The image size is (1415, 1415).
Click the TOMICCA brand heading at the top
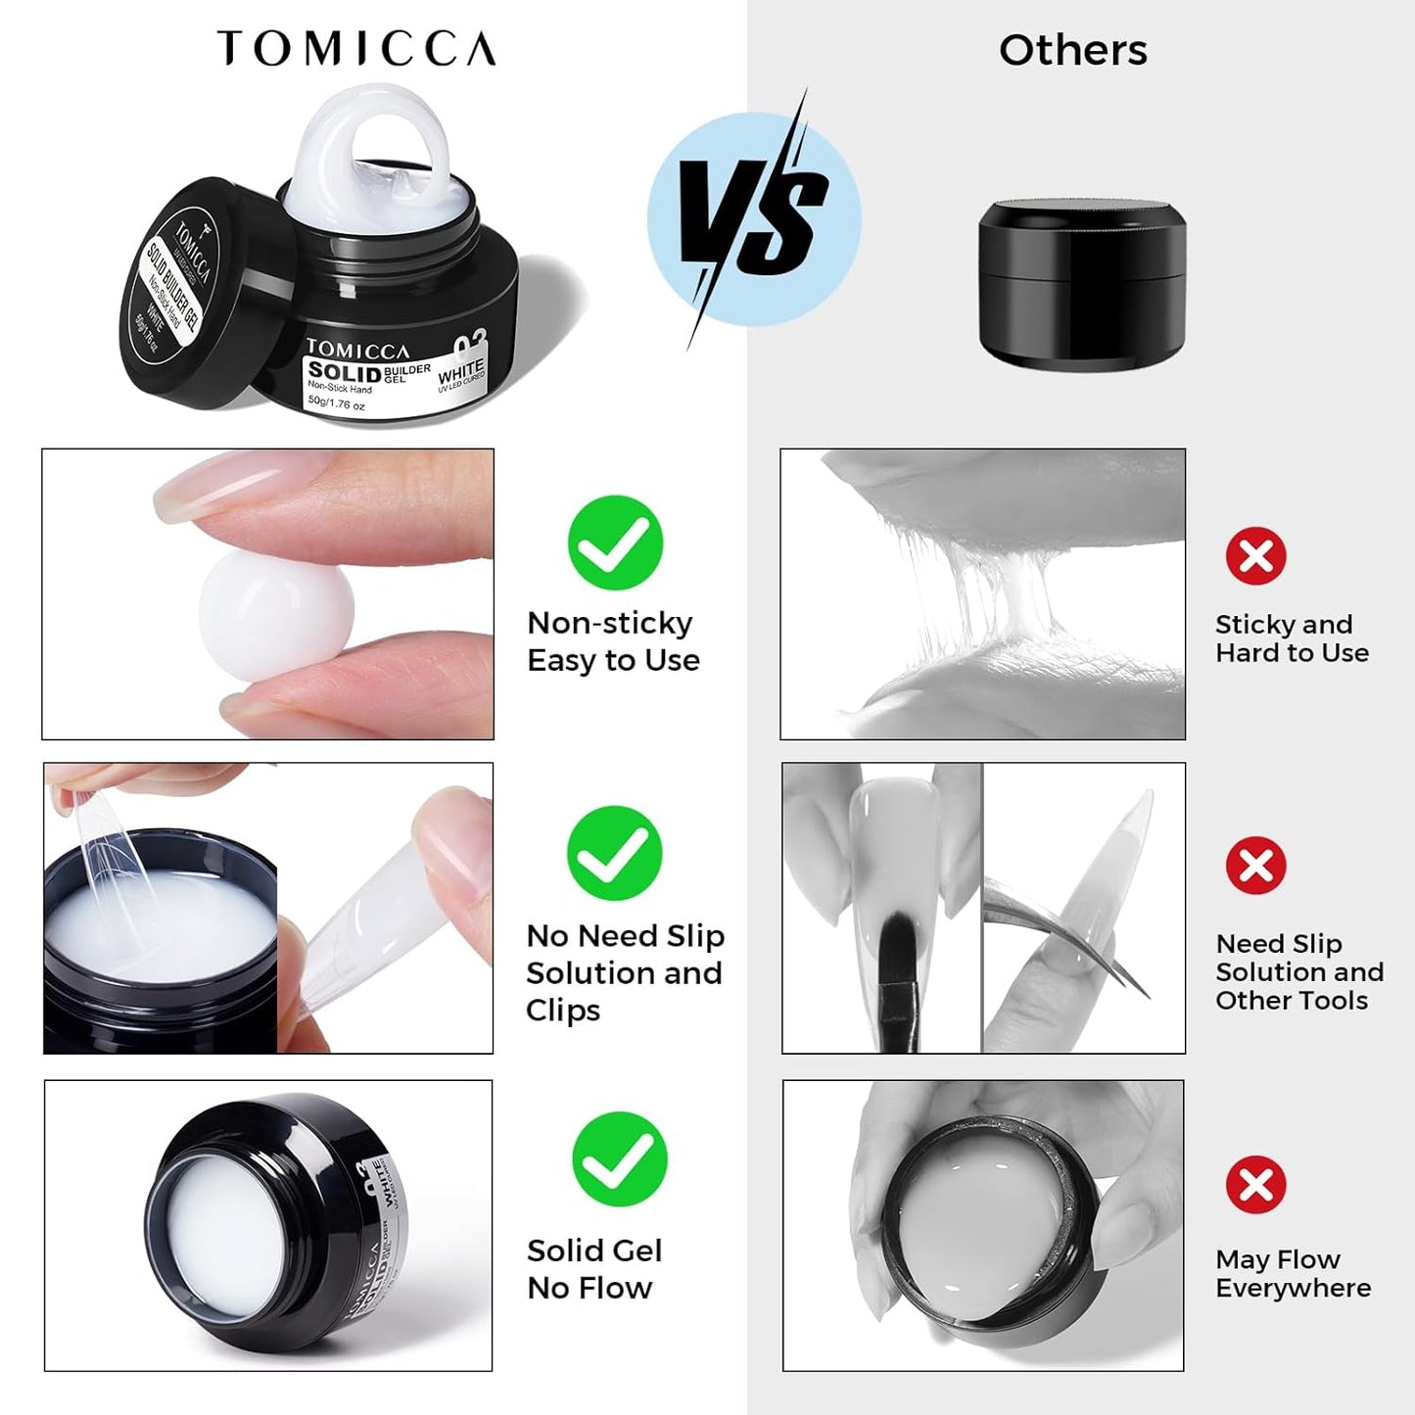tap(356, 48)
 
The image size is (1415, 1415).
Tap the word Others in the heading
tap(1072, 50)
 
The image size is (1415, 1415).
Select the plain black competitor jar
tap(1082, 284)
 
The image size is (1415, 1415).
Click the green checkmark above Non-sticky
tap(615, 542)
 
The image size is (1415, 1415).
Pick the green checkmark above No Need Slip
tap(614, 853)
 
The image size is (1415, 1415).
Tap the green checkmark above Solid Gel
tap(619, 1158)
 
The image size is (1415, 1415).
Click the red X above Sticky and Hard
tap(1255, 556)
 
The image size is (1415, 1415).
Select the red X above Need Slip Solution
tap(1255, 866)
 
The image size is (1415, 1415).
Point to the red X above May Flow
tap(1255, 1185)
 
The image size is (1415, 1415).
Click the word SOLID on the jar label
tap(344, 372)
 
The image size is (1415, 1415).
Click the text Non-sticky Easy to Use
tap(613, 641)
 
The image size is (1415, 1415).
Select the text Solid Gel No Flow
tap(594, 1269)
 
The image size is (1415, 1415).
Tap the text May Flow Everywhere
tap(1293, 1273)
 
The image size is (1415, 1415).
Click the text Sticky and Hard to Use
tap(1292, 638)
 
